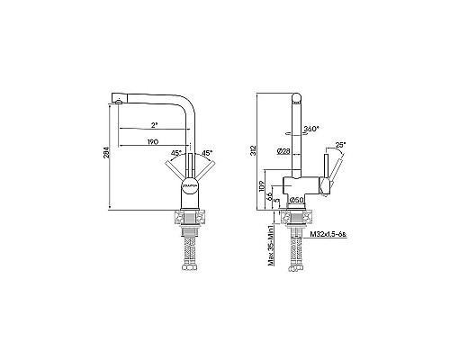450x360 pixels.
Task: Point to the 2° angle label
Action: pyautogui.click(x=155, y=125)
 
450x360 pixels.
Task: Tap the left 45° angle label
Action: pyautogui.click(x=176, y=152)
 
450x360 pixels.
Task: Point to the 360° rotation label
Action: pyautogui.click(x=313, y=129)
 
